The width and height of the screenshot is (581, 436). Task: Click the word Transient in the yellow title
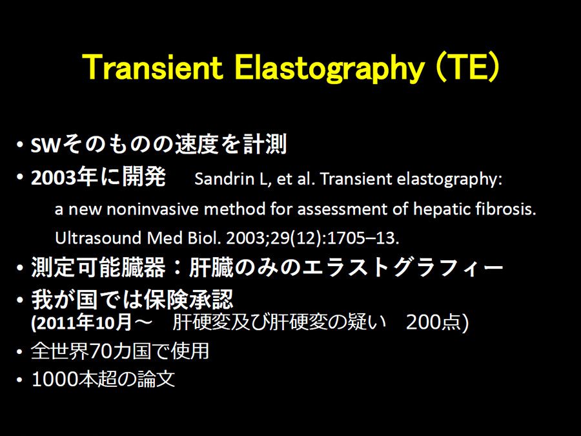pyautogui.click(x=153, y=67)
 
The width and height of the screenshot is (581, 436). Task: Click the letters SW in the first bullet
pyautogui.click(x=45, y=145)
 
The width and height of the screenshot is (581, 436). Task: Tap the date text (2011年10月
pyautogui.click(x=81, y=322)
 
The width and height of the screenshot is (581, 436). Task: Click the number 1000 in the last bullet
pyautogui.click(x=55, y=379)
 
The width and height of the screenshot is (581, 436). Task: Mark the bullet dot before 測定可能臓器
pyautogui.click(x=19, y=267)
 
